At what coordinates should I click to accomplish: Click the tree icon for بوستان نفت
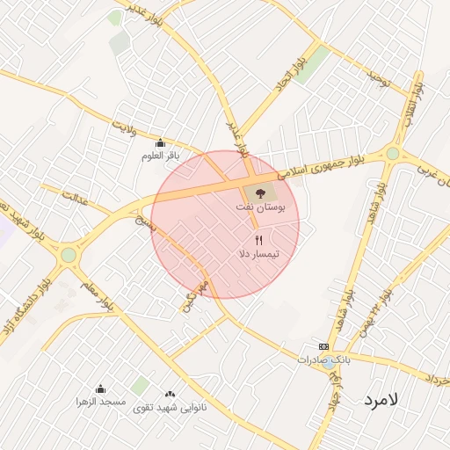coord(259,192)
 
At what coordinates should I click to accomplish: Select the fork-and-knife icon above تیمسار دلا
coord(258,239)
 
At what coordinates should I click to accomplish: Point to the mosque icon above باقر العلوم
coord(160,143)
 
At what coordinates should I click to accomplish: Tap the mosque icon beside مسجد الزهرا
coord(100,388)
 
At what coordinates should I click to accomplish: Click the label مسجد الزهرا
coord(100,401)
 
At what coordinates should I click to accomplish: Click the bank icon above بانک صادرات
coord(323,347)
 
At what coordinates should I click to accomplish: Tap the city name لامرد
coord(381,399)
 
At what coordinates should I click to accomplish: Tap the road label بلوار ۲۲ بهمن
coord(373,315)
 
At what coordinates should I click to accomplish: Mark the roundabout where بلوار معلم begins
coord(68,255)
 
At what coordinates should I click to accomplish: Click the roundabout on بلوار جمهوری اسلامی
coord(392,153)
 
